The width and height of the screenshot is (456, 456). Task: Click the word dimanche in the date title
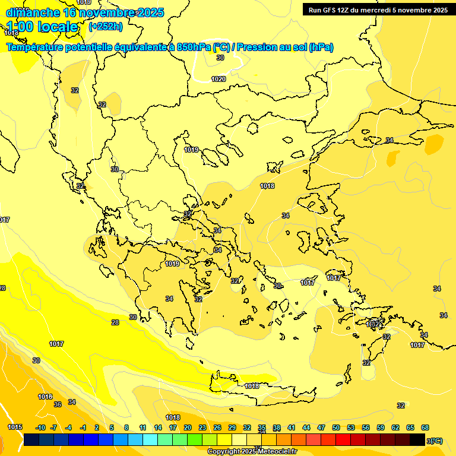(33, 12)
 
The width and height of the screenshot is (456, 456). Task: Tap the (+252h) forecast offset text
(106, 26)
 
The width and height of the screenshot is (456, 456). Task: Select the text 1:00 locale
(42, 27)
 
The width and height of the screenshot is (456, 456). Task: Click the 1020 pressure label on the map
(218, 79)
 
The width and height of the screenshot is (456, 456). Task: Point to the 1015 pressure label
(15, 427)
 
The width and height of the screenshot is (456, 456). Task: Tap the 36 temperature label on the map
(58, 404)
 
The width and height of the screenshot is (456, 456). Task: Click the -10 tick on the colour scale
(40, 427)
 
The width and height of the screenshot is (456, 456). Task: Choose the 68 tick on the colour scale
(425, 427)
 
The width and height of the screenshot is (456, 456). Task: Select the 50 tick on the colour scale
(336, 427)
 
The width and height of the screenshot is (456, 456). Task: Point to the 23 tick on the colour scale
(202, 427)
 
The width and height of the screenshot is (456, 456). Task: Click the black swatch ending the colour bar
(417, 439)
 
